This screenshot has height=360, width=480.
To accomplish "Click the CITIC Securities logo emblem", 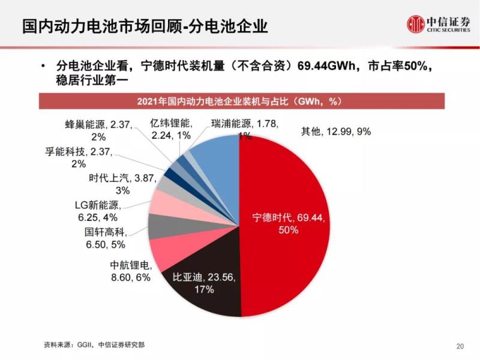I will (x=415, y=25).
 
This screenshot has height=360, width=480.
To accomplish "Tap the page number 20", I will (x=460, y=346).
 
